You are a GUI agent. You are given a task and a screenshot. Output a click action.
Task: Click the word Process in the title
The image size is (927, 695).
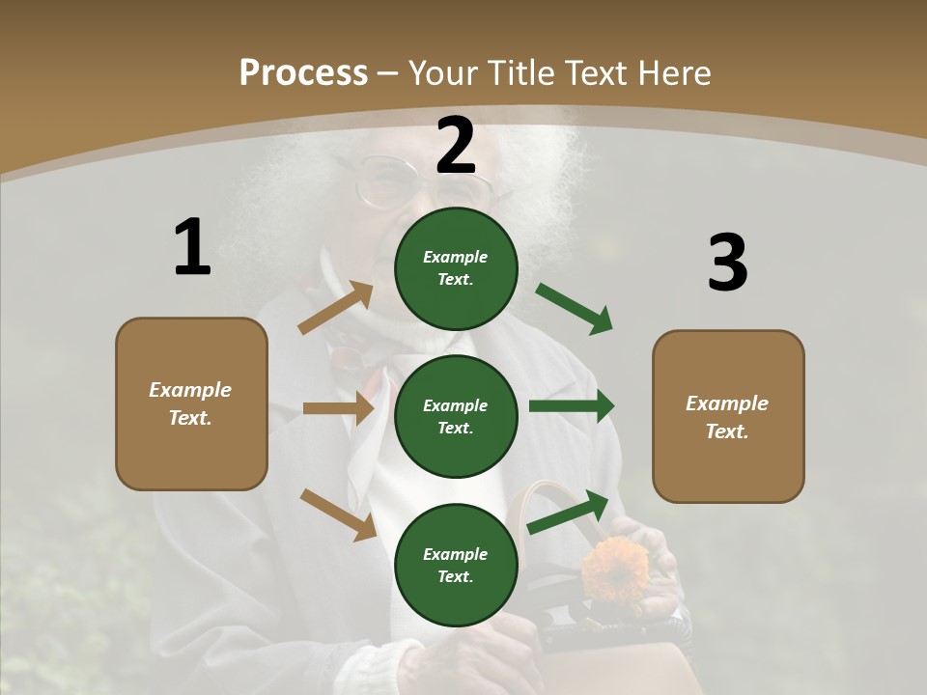[x=303, y=72]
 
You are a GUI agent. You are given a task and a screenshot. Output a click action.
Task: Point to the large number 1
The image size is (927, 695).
[x=192, y=247]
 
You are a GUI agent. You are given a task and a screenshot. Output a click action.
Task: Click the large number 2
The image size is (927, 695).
[x=456, y=146]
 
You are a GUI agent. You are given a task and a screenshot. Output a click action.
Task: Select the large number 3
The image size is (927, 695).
[x=727, y=263]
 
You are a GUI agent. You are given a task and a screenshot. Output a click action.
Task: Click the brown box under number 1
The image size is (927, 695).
[x=191, y=403]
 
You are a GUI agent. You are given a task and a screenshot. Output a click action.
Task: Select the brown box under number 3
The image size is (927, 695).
[x=728, y=417]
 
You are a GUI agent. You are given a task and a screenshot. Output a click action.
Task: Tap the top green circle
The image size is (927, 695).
[x=456, y=268]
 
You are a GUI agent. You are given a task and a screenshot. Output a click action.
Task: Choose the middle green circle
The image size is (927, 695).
[x=456, y=417]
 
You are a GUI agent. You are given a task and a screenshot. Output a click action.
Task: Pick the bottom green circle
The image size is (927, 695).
[x=456, y=566]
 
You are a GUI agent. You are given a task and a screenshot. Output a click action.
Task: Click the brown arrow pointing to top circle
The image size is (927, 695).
[x=337, y=307]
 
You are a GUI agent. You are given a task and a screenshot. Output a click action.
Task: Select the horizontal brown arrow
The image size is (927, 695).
[x=338, y=408]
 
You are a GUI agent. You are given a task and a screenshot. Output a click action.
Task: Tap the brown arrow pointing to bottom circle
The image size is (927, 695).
[x=339, y=514]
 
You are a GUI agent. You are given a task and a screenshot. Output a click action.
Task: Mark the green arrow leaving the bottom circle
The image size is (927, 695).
[x=569, y=512]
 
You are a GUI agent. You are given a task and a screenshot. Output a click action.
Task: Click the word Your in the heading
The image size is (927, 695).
[x=444, y=72]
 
